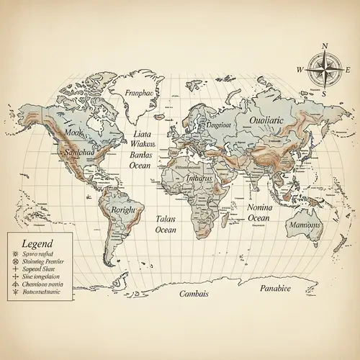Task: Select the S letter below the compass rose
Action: pyautogui.click(x=325, y=94)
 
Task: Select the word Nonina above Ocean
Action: pyautogui.click(x=259, y=207)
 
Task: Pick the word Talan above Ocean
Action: pyautogui.click(x=166, y=218)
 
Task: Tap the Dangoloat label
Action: pyautogui.click(x=219, y=124)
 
